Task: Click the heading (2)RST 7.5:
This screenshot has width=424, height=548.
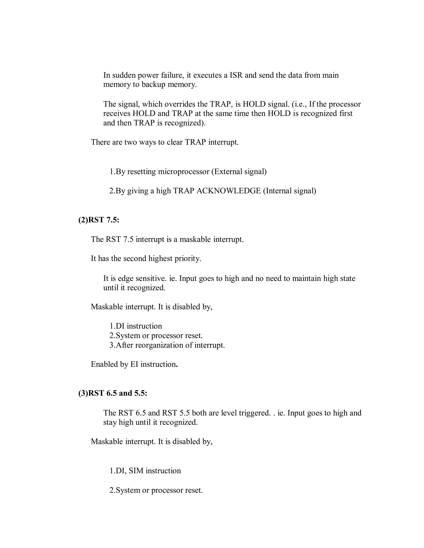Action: tap(99, 220)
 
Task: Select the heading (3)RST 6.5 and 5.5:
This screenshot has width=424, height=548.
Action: tap(113, 393)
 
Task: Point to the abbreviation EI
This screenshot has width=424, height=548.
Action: tap(134, 364)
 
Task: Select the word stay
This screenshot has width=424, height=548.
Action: tap(110, 422)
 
